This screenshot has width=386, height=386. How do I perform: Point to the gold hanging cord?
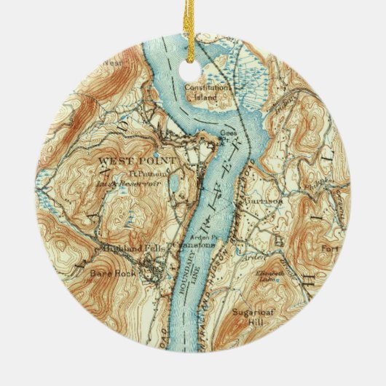pyautogui.click(x=192, y=29)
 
